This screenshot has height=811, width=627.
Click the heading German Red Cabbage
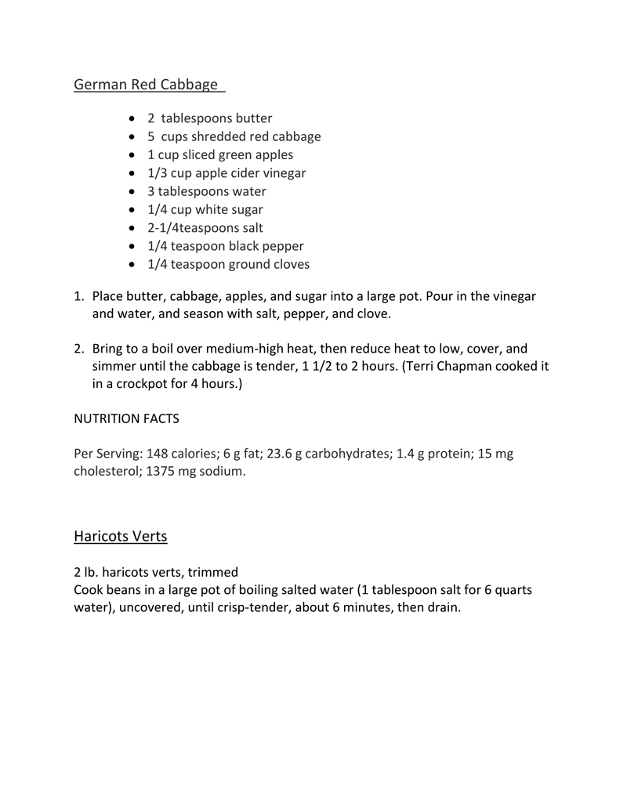146,84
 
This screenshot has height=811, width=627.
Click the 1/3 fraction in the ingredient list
158,173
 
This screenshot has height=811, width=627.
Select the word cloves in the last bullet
289,264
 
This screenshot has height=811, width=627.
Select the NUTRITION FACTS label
126,418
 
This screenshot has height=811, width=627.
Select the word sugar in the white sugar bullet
245,209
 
